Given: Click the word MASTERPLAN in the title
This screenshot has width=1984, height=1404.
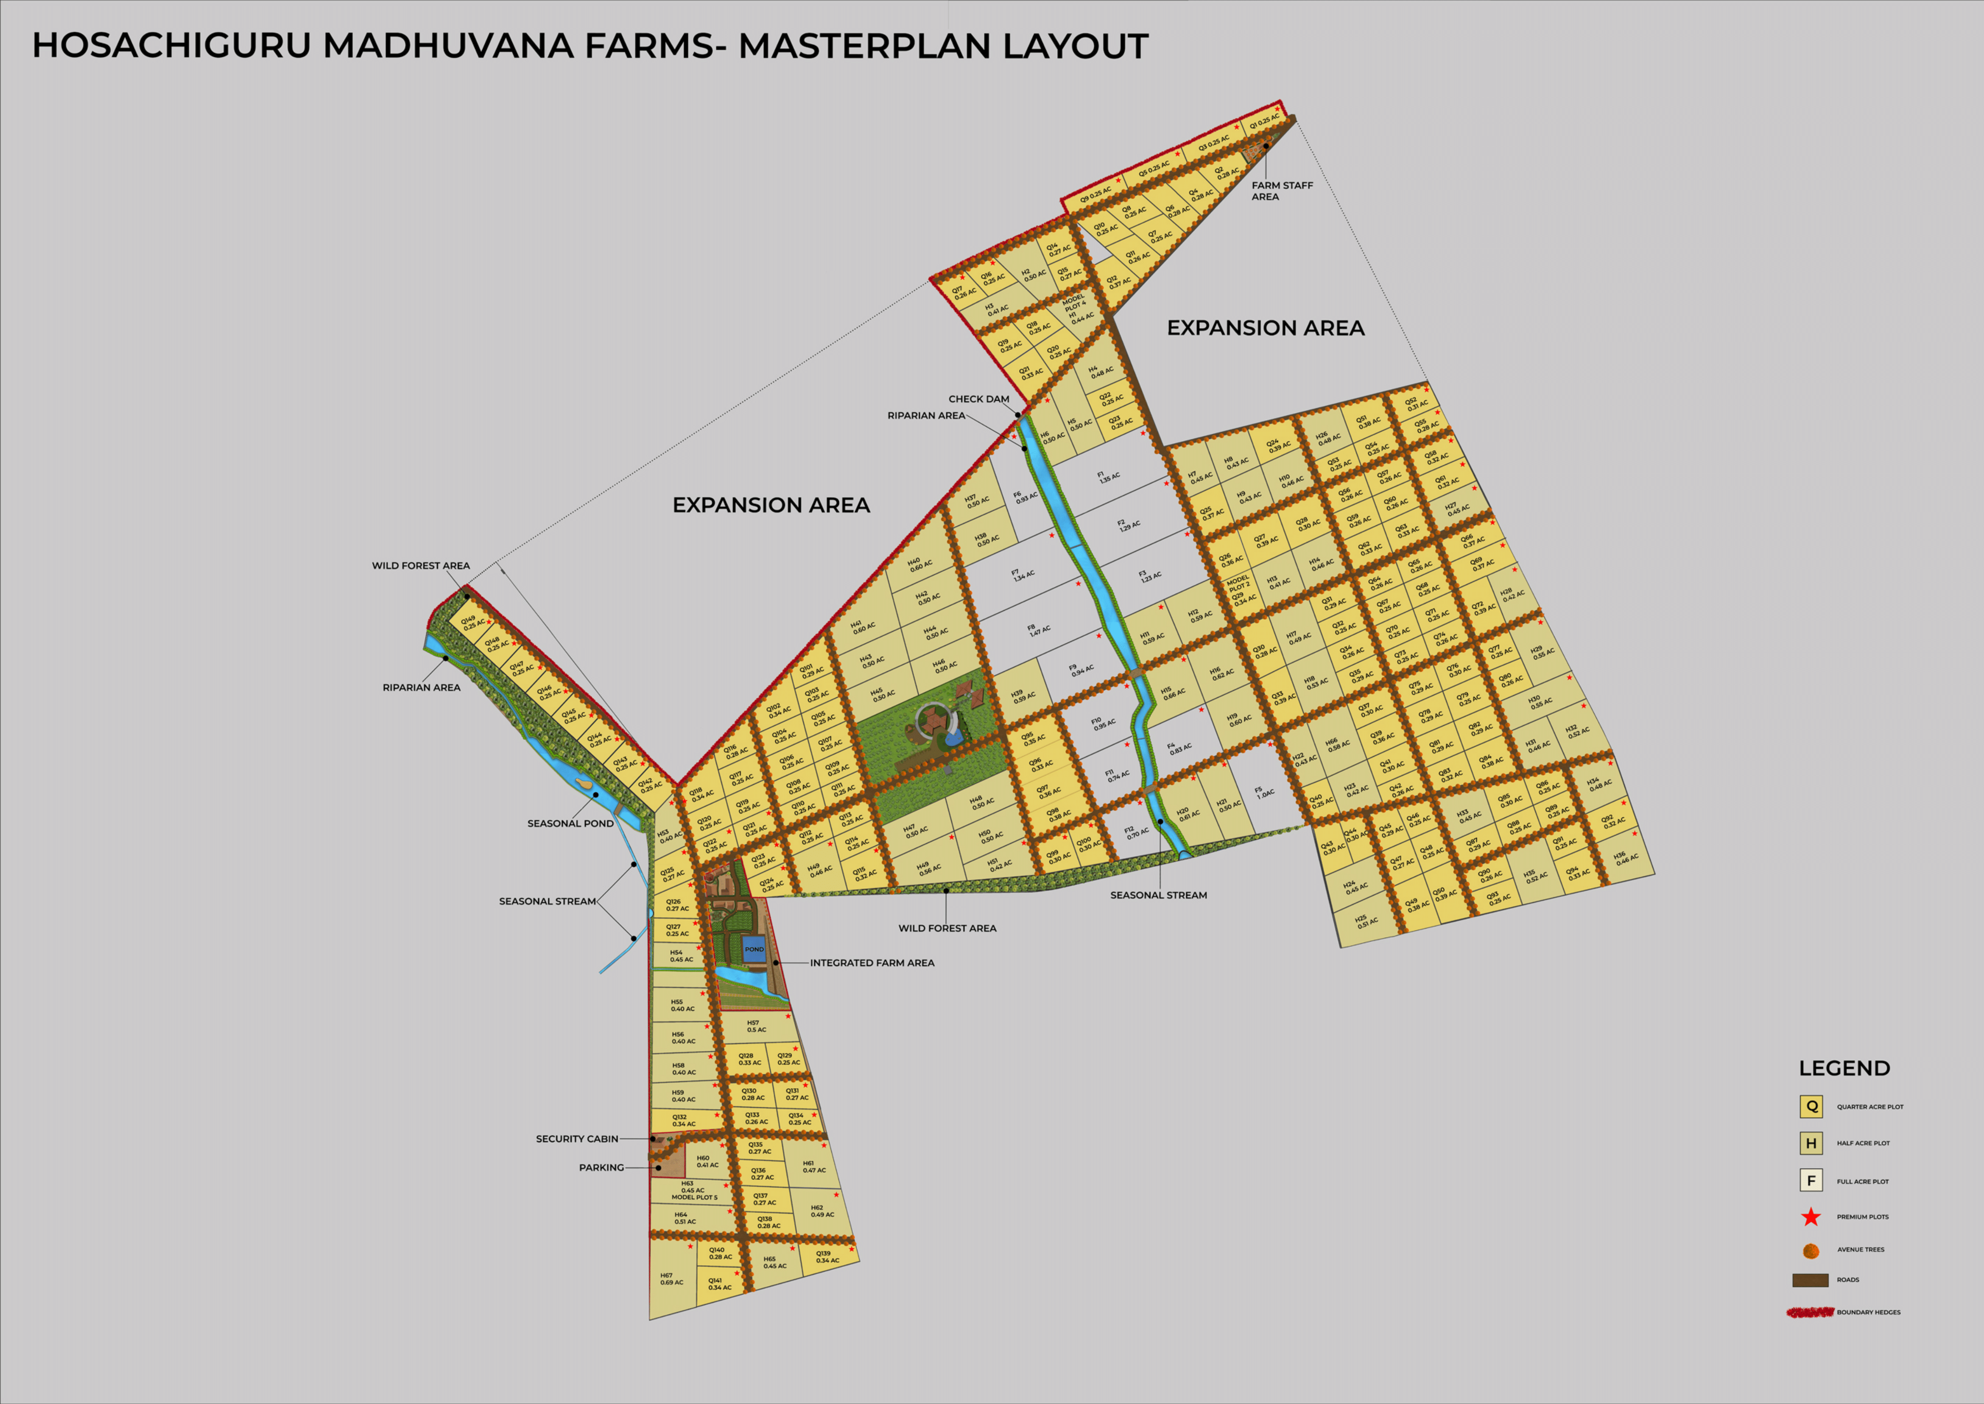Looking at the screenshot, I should click(x=864, y=46).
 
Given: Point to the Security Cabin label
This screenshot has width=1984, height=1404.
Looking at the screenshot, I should click(x=576, y=1139).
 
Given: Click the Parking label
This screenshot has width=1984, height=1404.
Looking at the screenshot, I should click(x=601, y=1167).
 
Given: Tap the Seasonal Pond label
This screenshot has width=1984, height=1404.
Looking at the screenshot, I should click(x=570, y=823).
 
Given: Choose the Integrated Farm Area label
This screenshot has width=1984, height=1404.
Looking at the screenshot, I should click(x=872, y=962).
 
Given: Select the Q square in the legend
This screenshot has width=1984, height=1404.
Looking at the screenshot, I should click(x=1811, y=1106).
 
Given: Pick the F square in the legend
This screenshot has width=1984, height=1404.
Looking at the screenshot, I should click(x=1811, y=1180).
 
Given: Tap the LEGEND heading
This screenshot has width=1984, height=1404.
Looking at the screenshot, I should click(x=1844, y=1068).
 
